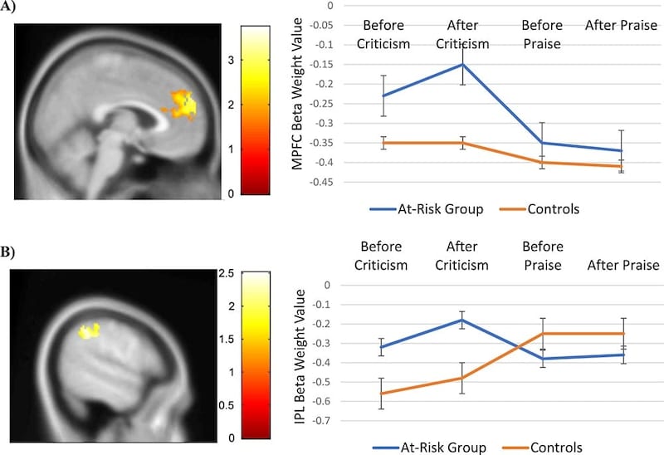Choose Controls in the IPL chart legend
552,447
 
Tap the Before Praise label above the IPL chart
542,256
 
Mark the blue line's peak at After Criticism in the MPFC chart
462,64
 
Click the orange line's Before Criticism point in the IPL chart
382,394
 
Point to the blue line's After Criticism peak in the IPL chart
462,320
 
